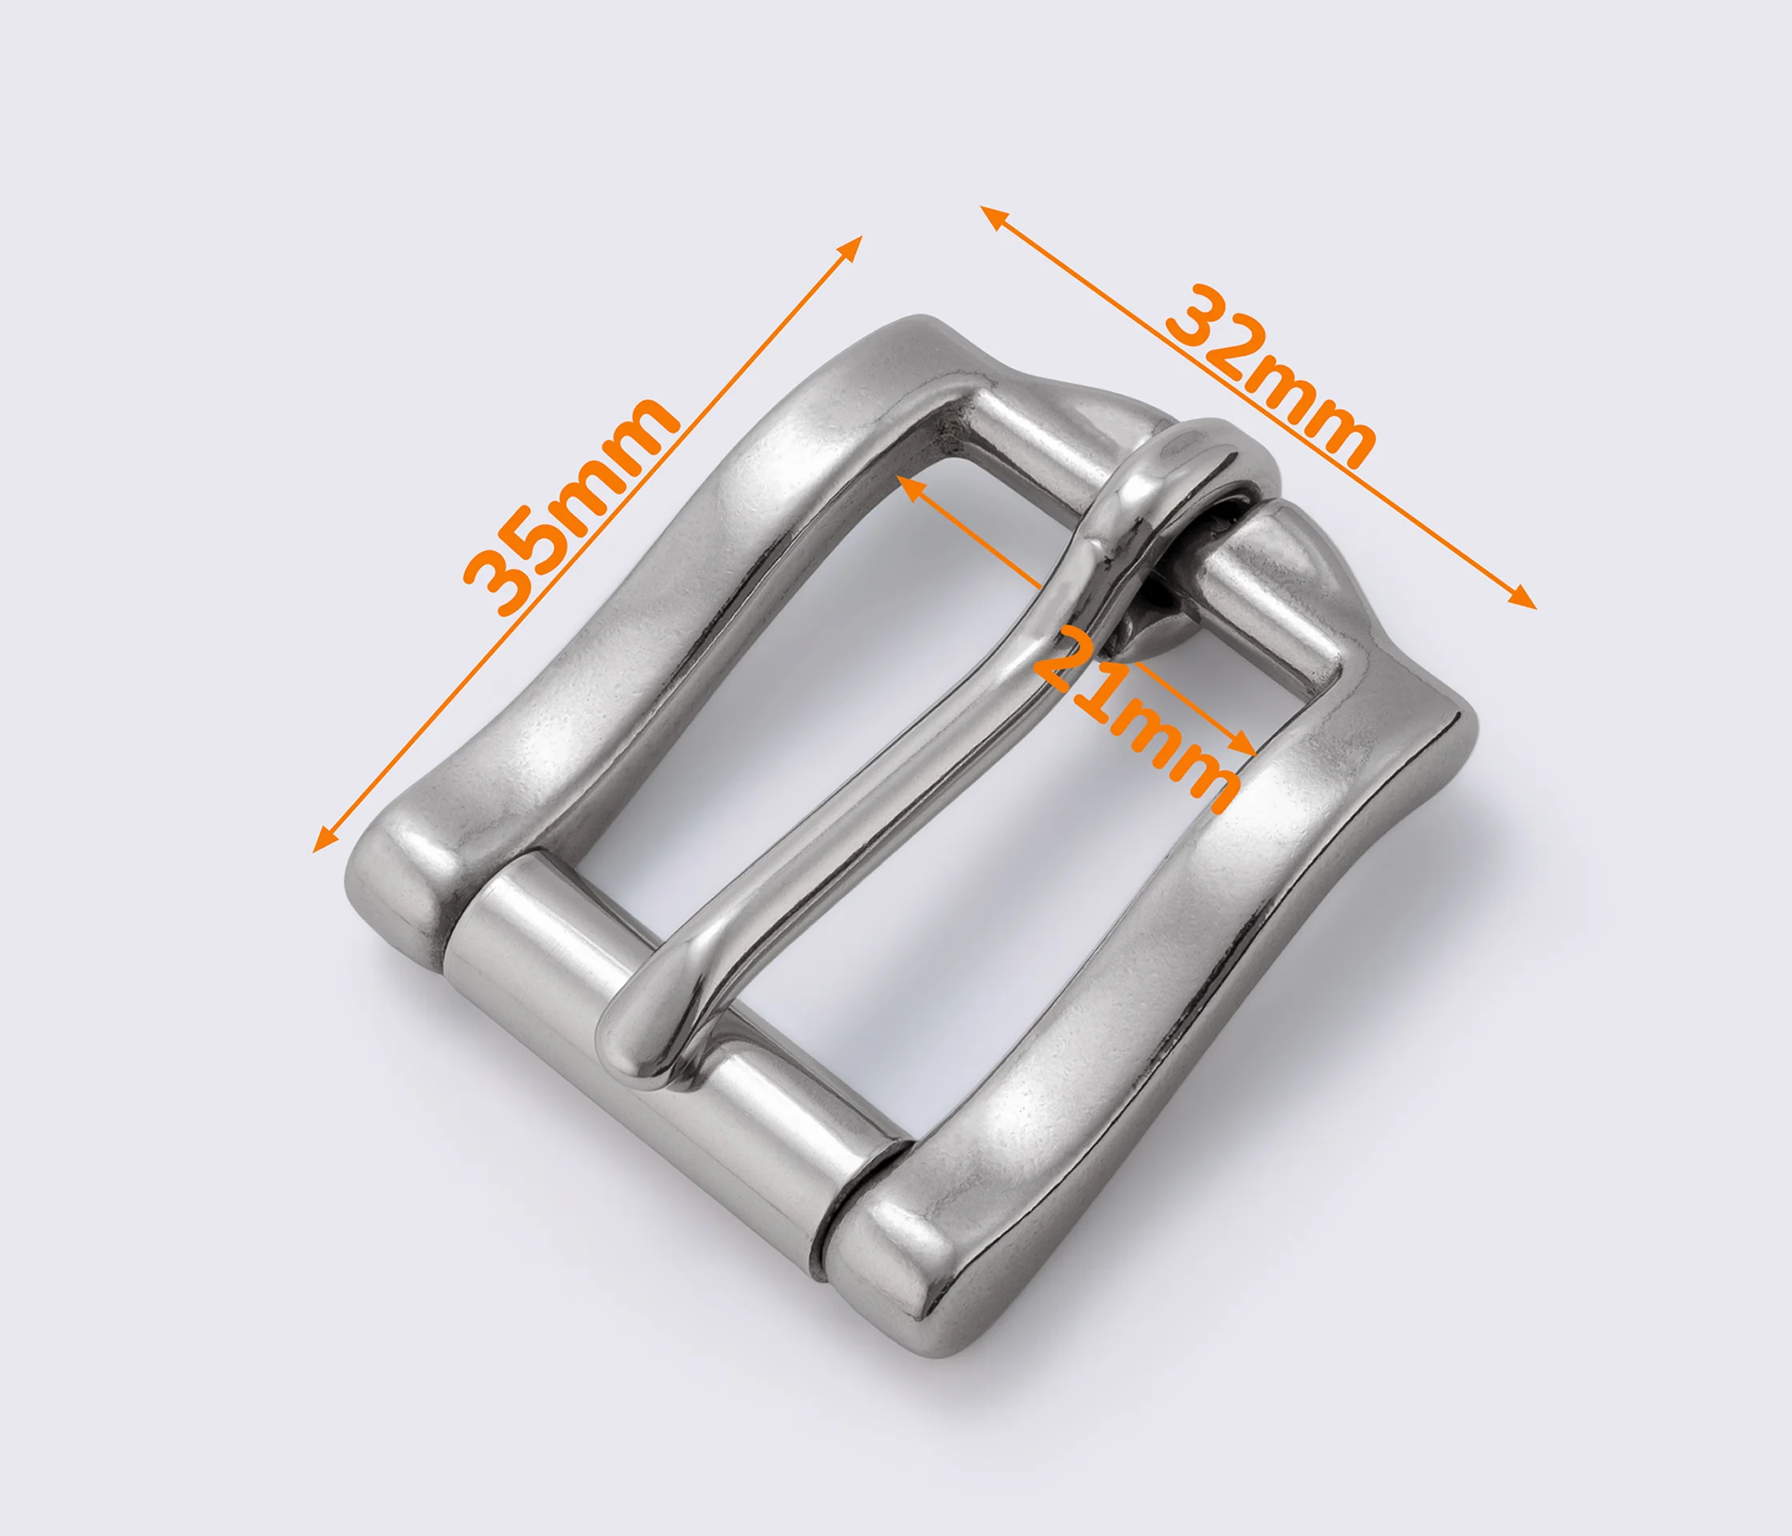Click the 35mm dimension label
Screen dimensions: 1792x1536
pos(571,507)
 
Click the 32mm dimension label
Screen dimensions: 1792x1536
pos(1270,377)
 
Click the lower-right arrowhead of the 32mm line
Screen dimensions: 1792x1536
pos(1523,599)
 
